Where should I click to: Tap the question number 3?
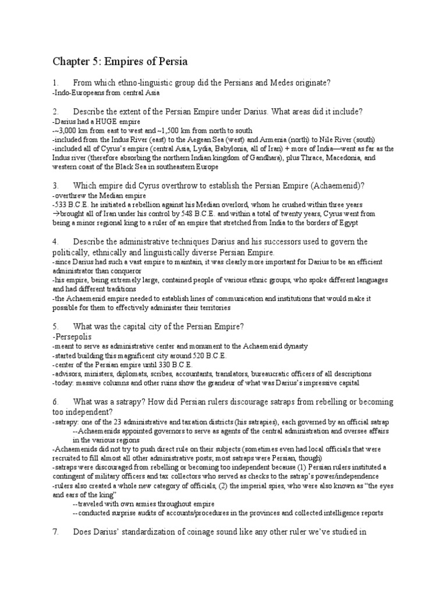[x=55, y=186]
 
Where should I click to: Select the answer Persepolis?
[x=73, y=336]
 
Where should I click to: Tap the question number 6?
[x=55, y=402]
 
